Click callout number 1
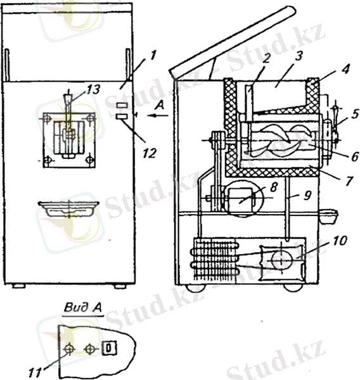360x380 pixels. click(152, 56)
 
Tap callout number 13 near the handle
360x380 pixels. click(92, 89)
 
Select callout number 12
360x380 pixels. click(150, 153)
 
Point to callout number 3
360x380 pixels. click(299, 56)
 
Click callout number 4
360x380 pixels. click(345, 70)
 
